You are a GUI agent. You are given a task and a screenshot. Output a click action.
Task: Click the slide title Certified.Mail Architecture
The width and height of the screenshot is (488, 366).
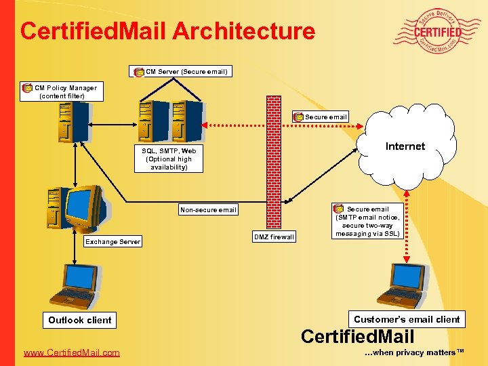167,31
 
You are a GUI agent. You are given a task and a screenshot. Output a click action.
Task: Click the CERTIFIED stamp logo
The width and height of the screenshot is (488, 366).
438,31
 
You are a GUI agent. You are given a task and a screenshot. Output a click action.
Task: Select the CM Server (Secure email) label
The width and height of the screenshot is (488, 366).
180,71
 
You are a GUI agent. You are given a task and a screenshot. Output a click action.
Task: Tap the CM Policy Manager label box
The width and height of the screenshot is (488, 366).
62,91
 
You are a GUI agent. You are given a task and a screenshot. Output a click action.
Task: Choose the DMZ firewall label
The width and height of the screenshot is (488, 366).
274,237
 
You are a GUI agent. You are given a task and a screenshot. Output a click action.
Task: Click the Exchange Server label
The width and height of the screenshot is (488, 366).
113,241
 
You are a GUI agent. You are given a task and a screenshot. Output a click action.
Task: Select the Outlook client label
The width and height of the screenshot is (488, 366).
80,320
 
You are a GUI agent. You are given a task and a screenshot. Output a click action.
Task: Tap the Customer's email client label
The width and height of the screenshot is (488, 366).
407,319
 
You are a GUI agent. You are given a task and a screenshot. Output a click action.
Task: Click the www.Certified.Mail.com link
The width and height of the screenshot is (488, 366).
71,352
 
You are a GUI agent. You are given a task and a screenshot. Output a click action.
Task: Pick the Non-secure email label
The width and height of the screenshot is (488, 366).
208,209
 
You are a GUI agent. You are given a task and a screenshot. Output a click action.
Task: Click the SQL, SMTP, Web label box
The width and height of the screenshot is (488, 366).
169,159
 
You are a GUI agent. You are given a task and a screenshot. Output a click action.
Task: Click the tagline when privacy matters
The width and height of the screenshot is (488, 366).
414,352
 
